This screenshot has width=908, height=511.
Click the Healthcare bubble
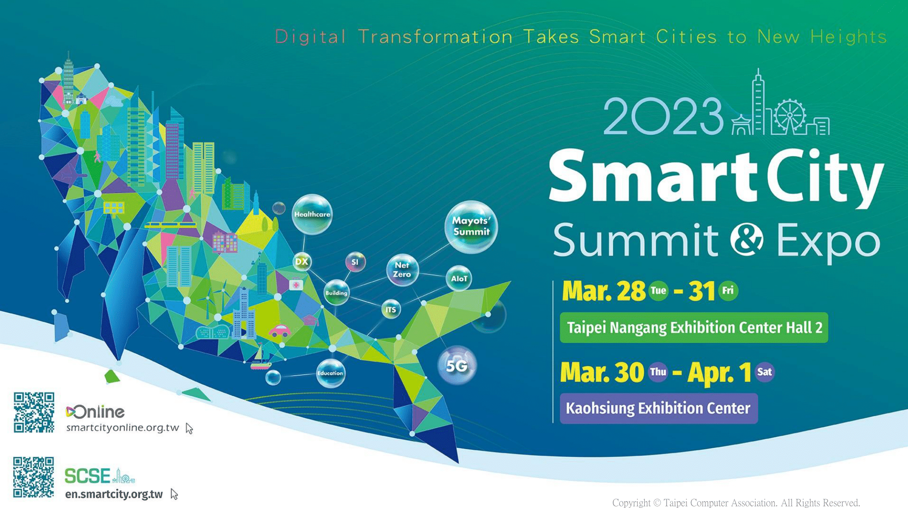[312, 214]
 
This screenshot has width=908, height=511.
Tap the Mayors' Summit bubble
[471, 227]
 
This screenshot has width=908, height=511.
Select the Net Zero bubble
[402, 270]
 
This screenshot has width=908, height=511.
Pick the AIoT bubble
[459, 278]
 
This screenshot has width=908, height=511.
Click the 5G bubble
[457, 366]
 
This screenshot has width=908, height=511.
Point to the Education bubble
[331, 373]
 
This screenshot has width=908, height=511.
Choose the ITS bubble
[390, 310]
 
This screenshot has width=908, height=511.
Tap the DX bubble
[302, 262]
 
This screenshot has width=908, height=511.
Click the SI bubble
[355, 262]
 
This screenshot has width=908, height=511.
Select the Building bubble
[336, 293]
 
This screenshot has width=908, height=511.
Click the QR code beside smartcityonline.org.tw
[34, 412]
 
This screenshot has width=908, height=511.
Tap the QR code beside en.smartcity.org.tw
[34, 477]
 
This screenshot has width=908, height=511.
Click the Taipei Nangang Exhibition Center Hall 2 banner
[694, 327]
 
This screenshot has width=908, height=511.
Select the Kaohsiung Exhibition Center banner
[659, 408]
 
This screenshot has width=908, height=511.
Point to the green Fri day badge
[728, 291]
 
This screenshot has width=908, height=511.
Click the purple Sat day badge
[765, 372]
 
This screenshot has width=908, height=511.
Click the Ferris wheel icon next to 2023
[790, 116]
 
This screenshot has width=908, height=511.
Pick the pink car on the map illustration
[280, 331]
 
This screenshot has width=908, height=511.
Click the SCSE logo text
[88, 476]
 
